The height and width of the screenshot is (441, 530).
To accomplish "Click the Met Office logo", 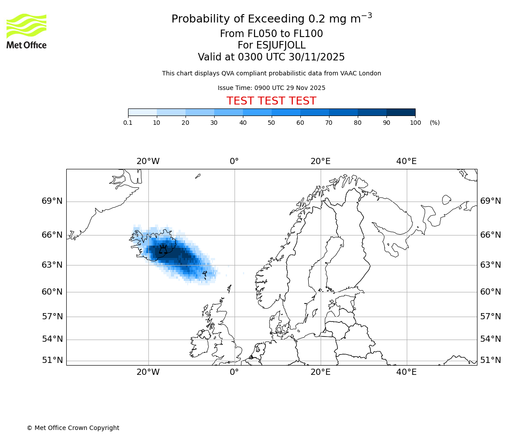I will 26,31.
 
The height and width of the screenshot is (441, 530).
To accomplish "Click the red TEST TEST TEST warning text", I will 271,101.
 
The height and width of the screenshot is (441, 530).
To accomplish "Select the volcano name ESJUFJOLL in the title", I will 271,45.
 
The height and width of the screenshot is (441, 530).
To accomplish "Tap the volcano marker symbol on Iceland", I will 163,250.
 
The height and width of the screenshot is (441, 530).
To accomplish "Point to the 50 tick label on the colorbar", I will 272,123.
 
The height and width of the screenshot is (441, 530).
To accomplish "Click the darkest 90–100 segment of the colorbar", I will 401,112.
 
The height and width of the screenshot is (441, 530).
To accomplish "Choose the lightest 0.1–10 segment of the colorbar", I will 142,112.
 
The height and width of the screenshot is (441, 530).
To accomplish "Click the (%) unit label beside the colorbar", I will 435,123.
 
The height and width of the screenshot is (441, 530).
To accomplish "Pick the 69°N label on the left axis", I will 52,201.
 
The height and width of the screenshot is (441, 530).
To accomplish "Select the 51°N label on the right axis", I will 491,360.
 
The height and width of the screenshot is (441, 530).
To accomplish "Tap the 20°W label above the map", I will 148,161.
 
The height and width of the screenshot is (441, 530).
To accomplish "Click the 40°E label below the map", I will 406,372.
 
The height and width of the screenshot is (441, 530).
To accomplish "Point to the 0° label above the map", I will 234,161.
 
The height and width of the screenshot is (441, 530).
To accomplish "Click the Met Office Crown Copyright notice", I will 73,428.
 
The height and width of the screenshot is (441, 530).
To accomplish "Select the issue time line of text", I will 271,88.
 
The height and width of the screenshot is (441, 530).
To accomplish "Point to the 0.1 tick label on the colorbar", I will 128,123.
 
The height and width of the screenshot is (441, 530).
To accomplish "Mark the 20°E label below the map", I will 320,372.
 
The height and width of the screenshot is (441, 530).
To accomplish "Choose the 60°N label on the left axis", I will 52,292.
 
